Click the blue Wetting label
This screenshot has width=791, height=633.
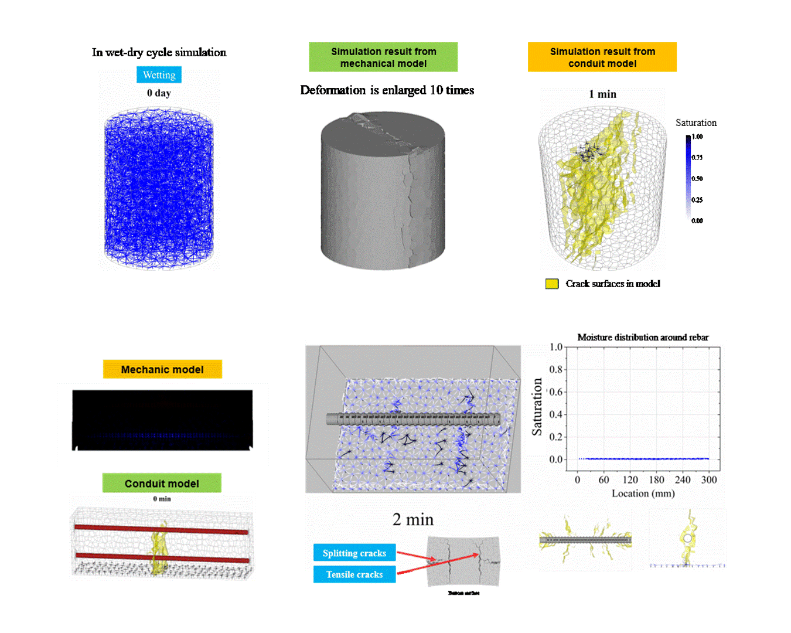pos(159,75)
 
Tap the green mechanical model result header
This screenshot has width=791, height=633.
pos(383,57)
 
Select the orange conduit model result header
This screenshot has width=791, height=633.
pos(602,57)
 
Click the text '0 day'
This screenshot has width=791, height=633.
pos(159,93)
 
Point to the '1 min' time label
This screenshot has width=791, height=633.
pos(602,94)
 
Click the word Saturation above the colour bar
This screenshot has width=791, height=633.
pos(695,123)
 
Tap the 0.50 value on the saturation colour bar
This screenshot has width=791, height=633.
pos(697,179)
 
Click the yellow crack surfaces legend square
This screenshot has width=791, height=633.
pos(551,284)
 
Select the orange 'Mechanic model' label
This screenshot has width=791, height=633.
pos(162,370)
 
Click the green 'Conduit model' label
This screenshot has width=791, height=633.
pos(162,484)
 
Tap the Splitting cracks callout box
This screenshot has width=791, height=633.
pos(354,553)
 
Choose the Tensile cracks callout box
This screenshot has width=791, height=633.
pos(354,574)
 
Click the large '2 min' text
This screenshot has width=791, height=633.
pos(413,520)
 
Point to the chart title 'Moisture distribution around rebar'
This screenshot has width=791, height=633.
pos(643,338)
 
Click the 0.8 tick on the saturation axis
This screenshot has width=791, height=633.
pos(555,369)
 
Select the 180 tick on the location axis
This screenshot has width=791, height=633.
pos(656,480)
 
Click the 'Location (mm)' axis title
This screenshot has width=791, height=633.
pos(643,494)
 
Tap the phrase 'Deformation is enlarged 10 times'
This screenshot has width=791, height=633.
pos(387,90)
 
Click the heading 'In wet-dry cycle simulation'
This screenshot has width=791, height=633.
pos(159,53)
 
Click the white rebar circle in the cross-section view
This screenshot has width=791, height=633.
pos(687,538)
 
